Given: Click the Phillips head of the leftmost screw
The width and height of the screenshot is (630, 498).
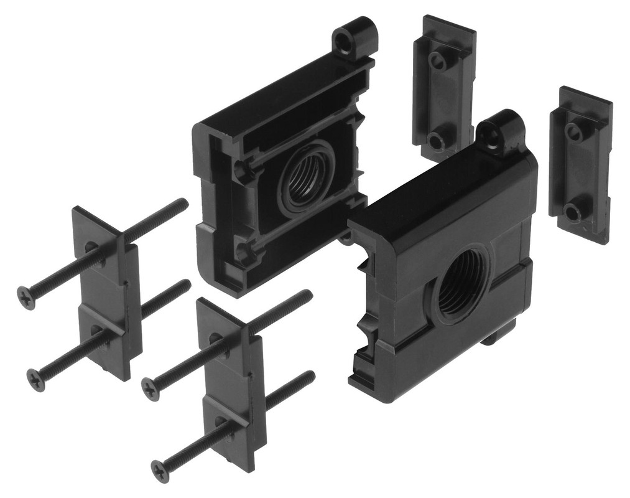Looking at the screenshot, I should (x=25, y=298).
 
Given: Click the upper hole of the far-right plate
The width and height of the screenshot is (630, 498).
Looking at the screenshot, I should (x=573, y=130).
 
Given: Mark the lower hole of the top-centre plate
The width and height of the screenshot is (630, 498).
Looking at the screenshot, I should (x=437, y=141).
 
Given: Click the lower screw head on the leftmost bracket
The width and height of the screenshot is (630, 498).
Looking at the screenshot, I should (x=36, y=379).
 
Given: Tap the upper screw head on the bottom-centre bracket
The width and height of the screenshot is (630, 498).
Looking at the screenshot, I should (x=151, y=388).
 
